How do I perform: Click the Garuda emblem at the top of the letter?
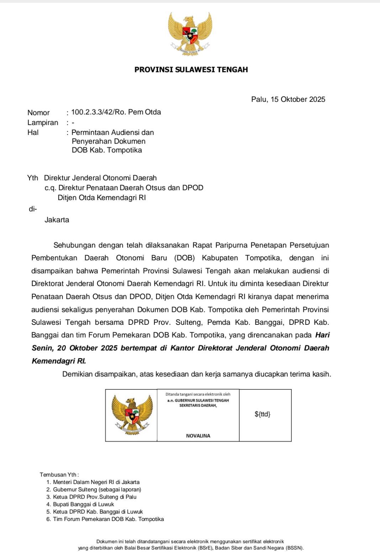tap(190, 34)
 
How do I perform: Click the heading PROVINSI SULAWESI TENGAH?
tap(191, 70)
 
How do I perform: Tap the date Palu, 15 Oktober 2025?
tap(288, 99)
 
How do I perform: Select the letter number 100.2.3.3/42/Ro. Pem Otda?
tap(116, 112)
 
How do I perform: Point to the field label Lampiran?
tap(43, 123)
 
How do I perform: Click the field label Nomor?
tap(38, 113)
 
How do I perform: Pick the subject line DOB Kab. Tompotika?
tap(107, 150)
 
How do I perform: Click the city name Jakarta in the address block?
tap(57, 220)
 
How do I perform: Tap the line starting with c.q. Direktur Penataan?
tap(124, 188)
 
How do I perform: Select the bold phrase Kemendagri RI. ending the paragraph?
tap(59, 361)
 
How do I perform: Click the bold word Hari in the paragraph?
tap(322, 335)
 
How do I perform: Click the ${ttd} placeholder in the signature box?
tap(263, 414)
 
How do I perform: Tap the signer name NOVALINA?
tap(198, 436)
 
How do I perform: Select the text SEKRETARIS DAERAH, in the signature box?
tap(198, 405)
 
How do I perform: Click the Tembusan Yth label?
tap(59, 474)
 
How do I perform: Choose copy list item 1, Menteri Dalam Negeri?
tap(96, 482)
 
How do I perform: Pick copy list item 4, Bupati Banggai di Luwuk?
tap(83, 504)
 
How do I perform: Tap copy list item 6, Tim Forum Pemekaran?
tap(108, 519)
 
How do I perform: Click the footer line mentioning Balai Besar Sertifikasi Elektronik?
tap(191, 548)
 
